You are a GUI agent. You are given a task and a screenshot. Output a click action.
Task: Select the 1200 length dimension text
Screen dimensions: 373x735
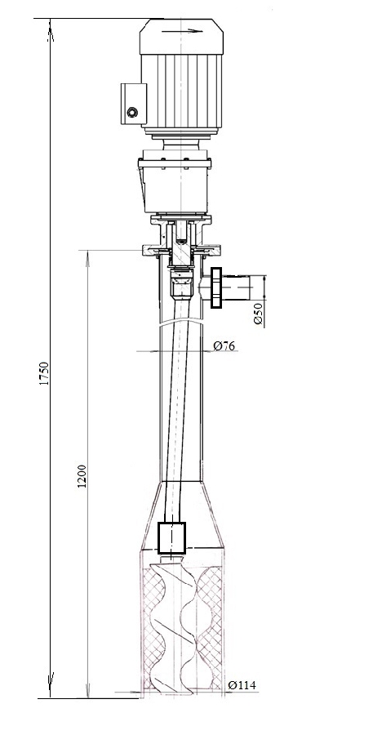click(x=82, y=476)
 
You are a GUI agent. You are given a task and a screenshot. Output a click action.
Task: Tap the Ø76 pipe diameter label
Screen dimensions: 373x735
click(x=224, y=346)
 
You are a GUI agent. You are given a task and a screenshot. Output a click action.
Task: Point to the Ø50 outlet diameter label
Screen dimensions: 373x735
click(x=258, y=314)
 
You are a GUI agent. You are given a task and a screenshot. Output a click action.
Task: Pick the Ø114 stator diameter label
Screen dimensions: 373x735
click(x=242, y=685)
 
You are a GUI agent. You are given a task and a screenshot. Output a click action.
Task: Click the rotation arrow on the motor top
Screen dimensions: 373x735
click(x=182, y=31)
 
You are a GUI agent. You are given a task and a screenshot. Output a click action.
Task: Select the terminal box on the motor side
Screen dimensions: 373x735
click(x=134, y=104)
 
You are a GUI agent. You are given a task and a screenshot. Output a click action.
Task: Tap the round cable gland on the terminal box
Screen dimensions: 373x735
click(x=132, y=112)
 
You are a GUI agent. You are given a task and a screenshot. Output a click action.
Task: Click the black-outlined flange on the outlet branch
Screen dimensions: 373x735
click(x=216, y=287)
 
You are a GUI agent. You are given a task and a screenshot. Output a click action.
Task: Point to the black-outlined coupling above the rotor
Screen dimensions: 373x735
click(x=172, y=537)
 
